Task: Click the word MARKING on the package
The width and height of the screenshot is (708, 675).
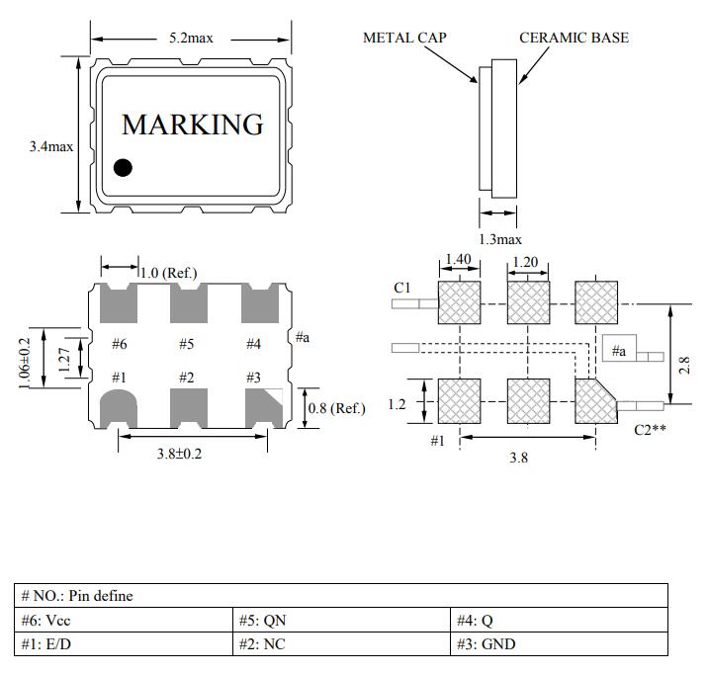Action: click(x=193, y=125)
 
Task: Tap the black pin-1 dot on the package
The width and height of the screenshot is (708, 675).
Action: click(x=123, y=167)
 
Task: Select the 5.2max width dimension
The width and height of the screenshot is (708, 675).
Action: click(x=190, y=38)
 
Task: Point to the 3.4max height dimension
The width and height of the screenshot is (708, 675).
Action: click(x=51, y=146)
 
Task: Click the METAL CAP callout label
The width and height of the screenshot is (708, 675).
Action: click(x=404, y=38)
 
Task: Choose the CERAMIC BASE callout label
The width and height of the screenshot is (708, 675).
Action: click(x=574, y=38)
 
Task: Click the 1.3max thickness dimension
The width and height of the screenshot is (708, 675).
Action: click(x=500, y=239)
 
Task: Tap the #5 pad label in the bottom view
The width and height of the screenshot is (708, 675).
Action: click(x=186, y=344)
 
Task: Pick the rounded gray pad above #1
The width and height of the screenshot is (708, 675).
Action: click(x=120, y=407)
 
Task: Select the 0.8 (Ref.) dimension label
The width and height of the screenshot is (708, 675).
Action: click(x=337, y=408)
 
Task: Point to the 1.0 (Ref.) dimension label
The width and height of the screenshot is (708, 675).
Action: click(x=168, y=273)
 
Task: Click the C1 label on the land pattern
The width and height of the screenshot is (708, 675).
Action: click(x=402, y=288)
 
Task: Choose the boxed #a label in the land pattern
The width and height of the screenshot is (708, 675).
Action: click(x=618, y=351)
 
